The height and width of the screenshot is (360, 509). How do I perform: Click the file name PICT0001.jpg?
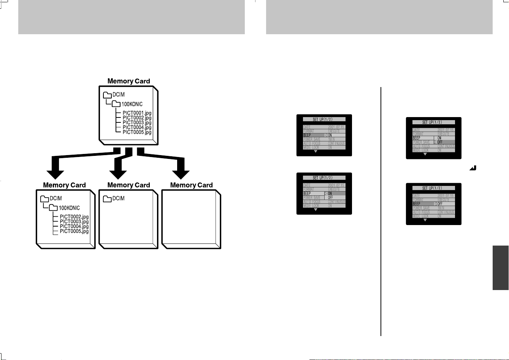tap(137, 113)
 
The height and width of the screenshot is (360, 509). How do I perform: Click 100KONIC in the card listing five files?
tap(132, 104)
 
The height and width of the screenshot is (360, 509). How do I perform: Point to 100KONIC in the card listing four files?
tap(69, 208)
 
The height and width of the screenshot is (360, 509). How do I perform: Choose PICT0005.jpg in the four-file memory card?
tap(74, 231)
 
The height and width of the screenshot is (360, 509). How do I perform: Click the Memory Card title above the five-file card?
tap(128, 81)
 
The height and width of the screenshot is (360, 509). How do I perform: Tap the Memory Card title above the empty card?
tap(191, 185)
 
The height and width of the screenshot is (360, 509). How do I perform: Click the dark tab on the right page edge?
tap(501, 268)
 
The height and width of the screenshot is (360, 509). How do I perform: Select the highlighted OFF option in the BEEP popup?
tap(446, 142)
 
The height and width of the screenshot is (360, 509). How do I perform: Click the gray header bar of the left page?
tap(131, 17)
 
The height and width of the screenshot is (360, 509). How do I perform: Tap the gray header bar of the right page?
tap(379, 17)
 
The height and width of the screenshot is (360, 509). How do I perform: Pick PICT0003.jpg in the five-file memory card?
tap(137, 122)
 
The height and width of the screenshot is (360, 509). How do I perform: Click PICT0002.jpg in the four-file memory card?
tap(74, 217)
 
